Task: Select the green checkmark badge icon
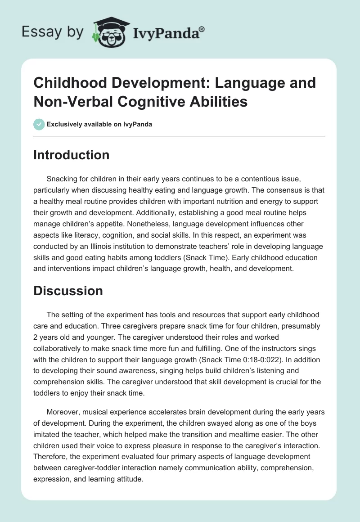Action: [x=39, y=124]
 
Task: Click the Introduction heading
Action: [x=72, y=155]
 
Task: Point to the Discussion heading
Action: [x=68, y=291]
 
